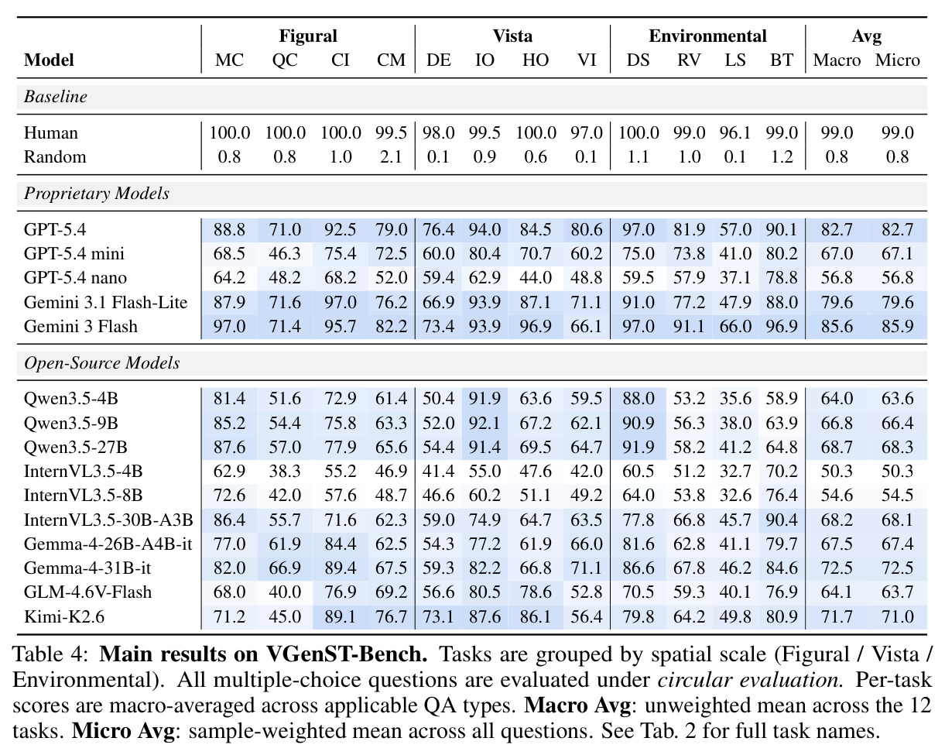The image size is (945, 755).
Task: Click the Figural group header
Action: coord(308,36)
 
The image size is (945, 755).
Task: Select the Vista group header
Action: coord(512,36)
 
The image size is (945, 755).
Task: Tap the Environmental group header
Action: coord(707,36)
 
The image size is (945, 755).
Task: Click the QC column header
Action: coord(285,60)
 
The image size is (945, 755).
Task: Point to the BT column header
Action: coord(781,60)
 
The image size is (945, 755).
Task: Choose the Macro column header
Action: coord(837,60)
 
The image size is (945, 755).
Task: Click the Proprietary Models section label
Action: coord(96,194)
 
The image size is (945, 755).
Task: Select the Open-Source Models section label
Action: coord(101,363)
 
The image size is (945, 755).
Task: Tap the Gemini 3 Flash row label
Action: coord(80,327)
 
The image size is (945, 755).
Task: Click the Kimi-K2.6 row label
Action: coord(64,616)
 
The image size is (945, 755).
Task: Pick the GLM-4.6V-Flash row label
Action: coord(87,592)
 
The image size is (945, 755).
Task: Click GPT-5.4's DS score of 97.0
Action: coord(638,230)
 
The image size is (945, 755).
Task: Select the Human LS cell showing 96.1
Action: coord(735,132)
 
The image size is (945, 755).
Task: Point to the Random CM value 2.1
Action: coord(391,157)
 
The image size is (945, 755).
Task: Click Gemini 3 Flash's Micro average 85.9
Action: coord(897,327)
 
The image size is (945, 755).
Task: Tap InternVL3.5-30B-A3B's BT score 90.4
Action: coord(781,520)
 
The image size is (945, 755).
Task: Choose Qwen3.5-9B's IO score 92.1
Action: coord(484,424)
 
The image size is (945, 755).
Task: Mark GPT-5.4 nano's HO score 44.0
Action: coord(536,278)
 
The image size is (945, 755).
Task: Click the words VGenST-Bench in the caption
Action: coord(347,654)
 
